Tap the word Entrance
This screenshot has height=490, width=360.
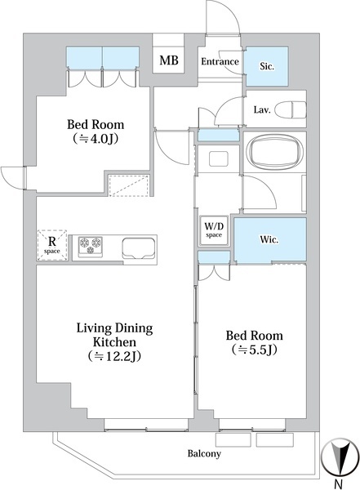point(220,61)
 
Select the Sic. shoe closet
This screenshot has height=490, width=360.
point(267,66)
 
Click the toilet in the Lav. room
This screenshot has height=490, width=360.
point(291,109)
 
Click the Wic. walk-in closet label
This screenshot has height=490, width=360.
point(269,239)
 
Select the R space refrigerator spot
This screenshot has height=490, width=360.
point(52,245)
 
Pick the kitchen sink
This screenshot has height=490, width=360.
point(139,248)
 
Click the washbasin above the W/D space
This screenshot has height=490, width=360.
point(219,158)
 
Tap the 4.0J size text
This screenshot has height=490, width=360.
point(95,139)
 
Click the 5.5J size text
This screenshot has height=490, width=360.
point(255,350)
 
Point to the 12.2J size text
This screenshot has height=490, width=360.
point(114,356)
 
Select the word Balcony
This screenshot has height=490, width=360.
point(204,453)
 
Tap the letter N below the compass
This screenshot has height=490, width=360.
point(338,483)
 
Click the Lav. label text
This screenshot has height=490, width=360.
point(261,110)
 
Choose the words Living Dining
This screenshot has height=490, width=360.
point(114,329)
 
